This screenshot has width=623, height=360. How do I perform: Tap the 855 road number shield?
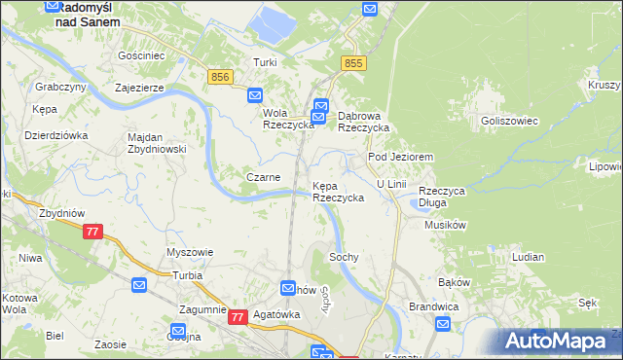pos(352,63)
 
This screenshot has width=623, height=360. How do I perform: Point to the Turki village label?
pos(265,63)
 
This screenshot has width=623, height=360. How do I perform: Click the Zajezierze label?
pos(144,87)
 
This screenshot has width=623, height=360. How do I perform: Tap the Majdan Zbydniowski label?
pos(157,143)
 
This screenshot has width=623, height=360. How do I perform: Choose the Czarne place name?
pos(264,177)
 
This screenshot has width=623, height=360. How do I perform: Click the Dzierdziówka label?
pos(56,135)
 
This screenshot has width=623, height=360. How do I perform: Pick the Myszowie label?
pos(190,252)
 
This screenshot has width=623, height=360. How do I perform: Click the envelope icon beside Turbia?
pos(139,286)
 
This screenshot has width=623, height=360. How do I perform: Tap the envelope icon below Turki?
pos(255,95)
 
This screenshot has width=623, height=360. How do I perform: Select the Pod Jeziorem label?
pos(399,156)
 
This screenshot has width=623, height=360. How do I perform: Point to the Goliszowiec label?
pos(504,121)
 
